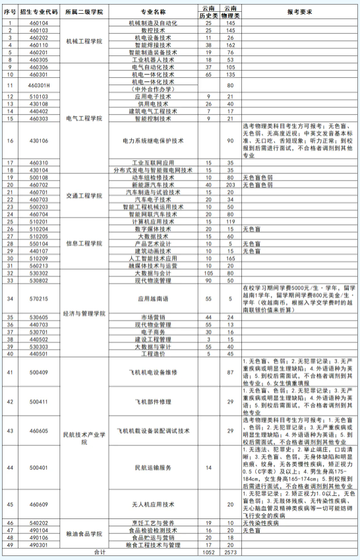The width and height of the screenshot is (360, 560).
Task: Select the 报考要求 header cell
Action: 300,12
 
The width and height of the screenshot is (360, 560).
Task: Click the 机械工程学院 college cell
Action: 84,40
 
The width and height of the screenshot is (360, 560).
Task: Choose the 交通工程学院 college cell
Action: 84,195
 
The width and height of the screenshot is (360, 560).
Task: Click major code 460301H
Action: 40,86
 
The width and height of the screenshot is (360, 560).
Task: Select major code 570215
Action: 40,298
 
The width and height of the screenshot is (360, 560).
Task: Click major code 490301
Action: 40,545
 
